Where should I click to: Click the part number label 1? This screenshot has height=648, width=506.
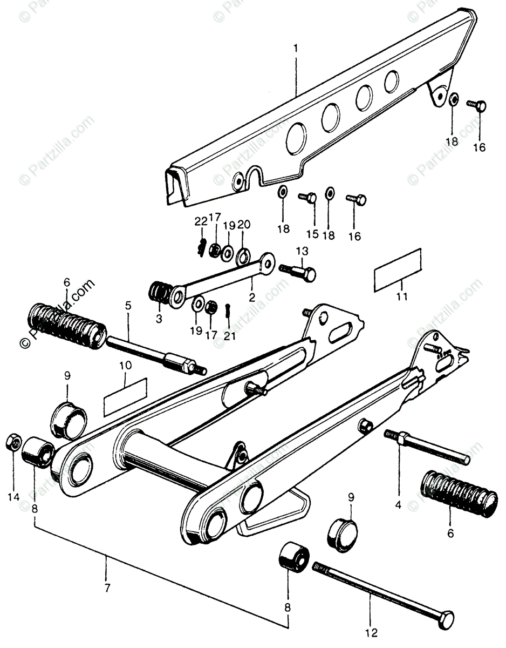tap(295, 50)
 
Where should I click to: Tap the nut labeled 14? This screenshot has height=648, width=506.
tap(12, 443)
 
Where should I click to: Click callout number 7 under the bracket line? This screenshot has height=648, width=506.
tap(106, 588)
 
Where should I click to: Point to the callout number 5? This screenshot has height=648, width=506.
tap(128, 306)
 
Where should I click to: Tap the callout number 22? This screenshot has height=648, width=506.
tap(201, 221)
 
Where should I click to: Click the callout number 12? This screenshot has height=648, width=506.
tap(371, 631)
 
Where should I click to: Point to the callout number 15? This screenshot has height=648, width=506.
tap(312, 234)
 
